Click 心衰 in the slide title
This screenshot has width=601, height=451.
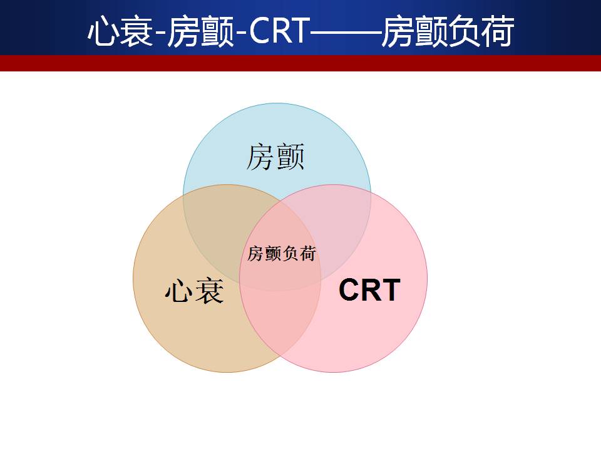point(120,31)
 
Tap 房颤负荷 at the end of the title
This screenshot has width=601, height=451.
point(448,31)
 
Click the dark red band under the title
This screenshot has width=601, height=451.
point(300,63)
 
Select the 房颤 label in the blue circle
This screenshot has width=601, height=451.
point(275,157)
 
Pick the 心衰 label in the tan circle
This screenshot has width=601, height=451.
point(194,291)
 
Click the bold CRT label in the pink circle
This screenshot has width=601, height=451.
point(369,290)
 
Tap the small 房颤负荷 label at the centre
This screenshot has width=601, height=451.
point(282,254)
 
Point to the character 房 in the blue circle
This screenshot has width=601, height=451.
point(260,157)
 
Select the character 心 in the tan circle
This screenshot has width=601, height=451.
point(179,291)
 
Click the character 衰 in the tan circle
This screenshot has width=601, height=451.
point(209,291)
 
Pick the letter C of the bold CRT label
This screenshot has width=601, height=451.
point(349,290)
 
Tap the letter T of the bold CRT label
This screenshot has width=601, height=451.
point(391,290)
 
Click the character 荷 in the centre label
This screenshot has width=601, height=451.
point(308,254)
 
